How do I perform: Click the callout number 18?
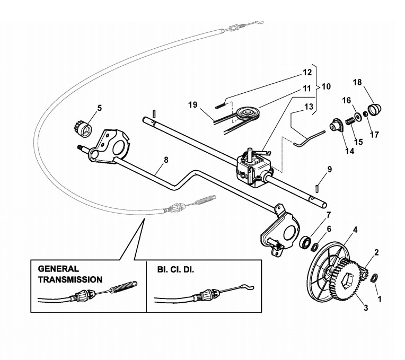pos(357,82)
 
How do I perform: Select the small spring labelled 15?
pos(350,120)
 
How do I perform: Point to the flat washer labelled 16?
pos(358,117)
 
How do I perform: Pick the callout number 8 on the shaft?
pos(166,160)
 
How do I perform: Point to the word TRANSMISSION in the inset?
pos(71,279)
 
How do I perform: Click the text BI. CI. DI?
pos(175,270)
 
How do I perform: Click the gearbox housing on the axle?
pos(254,167)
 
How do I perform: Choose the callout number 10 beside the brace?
pos(326,86)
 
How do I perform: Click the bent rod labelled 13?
pos(309,138)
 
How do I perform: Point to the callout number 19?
pos(192,105)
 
